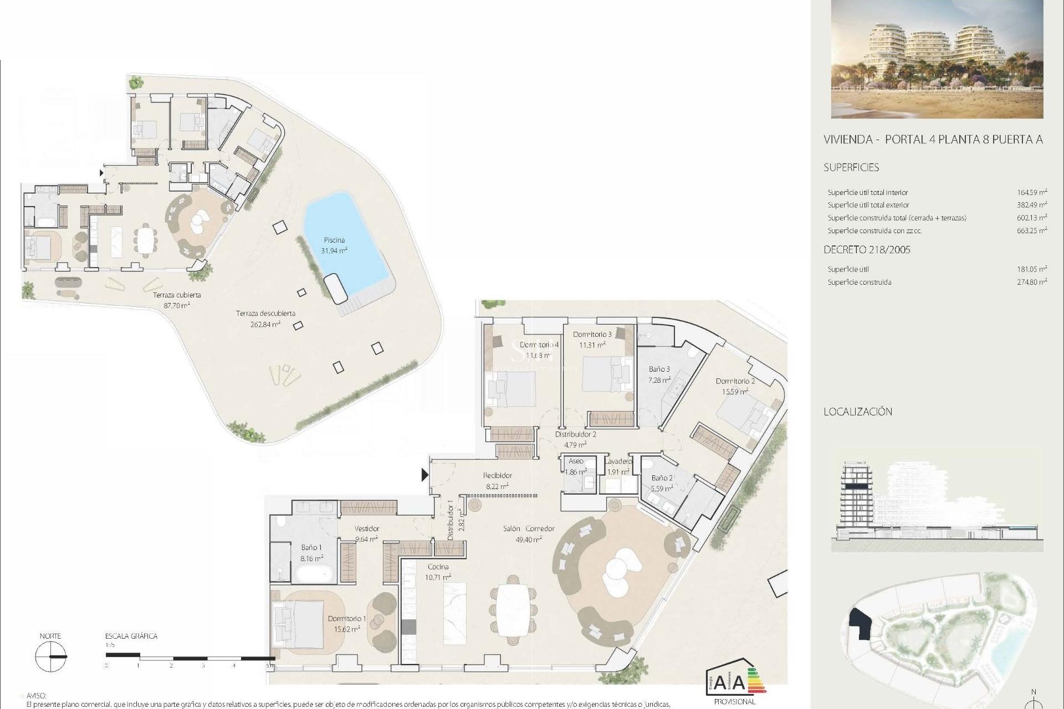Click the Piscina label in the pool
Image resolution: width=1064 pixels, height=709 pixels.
tap(334, 240)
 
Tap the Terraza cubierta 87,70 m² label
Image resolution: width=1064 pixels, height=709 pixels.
tap(177, 300)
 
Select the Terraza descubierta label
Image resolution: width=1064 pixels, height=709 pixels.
tap(265, 314)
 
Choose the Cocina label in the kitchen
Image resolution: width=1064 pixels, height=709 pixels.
tap(438, 567)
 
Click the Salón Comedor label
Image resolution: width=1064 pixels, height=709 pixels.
tap(528, 528)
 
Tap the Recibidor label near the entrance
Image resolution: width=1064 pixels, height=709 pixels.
tap(497, 475)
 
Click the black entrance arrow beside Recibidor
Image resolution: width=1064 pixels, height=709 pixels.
tap(425, 475)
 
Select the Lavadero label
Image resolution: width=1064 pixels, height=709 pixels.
tap(618, 461)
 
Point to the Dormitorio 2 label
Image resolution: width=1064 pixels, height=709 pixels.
tap(735, 381)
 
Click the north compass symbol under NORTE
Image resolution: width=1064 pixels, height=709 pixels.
tap(50, 657)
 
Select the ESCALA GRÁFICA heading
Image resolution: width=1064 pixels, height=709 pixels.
tap(131, 636)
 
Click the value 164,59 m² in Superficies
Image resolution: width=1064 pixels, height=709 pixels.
tap(1032, 192)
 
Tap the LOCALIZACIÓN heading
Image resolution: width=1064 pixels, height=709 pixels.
tap(858, 412)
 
